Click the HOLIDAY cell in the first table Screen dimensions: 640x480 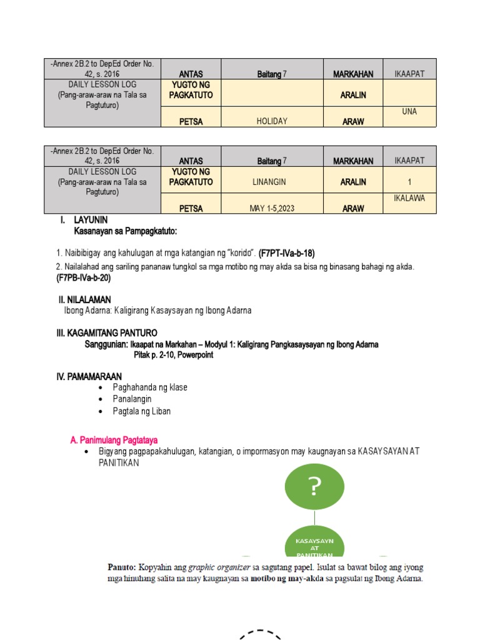point(272,121)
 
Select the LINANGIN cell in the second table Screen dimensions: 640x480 point(272,182)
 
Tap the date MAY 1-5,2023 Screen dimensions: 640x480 point(272,209)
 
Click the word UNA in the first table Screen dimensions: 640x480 point(409,112)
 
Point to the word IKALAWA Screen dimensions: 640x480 point(409,198)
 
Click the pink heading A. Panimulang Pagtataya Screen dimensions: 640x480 point(118,441)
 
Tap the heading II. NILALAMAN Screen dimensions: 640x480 point(85,300)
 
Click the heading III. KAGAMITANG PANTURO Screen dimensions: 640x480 point(107,333)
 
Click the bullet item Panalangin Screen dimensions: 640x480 point(132,399)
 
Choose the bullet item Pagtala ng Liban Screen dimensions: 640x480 point(141,411)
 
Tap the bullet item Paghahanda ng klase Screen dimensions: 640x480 point(150,387)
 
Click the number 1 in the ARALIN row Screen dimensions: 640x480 point(409,182)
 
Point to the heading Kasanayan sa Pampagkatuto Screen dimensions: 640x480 point(126,231)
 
